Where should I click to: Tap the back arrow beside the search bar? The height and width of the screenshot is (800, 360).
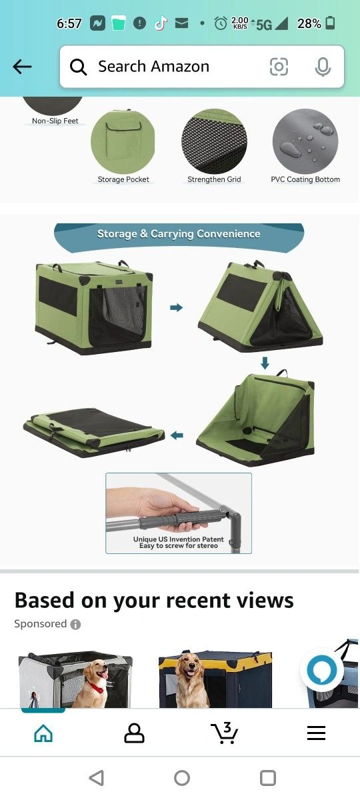tap(22, 67)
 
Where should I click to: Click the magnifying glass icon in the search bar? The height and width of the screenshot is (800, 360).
tap(78, 67)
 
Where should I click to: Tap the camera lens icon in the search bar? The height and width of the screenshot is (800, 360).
tap(279, 67)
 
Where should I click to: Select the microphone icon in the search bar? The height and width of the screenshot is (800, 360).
tap(323, 67)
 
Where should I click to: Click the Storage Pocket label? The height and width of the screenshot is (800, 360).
tap(123, 179)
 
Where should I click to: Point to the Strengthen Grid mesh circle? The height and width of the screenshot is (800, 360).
tap(214, 141)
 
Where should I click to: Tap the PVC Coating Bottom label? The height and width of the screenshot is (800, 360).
tap(305, 179)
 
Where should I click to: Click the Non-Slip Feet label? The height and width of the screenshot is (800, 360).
tap(55, 121)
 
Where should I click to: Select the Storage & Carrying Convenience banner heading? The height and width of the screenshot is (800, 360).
tap(179, 233)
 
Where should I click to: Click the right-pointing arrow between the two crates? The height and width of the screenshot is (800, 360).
tap(177, 307)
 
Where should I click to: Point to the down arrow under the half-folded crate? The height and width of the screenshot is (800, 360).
tap(265, 363)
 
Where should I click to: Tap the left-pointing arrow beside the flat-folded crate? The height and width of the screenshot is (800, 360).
tap(177, 435)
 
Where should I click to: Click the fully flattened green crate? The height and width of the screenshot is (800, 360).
tap(93, 433)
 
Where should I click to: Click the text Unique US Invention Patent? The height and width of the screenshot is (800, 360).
tap(179, 539)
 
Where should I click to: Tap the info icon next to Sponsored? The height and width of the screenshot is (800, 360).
tap(75, 624)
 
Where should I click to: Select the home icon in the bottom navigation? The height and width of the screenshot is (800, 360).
tap(43, 733)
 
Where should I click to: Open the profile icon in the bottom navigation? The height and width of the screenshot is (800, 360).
tap(134, 733)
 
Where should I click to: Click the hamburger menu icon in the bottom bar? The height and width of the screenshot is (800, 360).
tap(316, 733)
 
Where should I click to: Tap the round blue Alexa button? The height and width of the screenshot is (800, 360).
tap(322, 671)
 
